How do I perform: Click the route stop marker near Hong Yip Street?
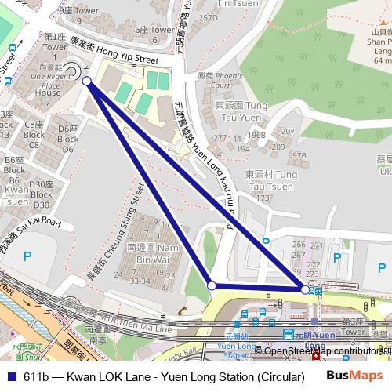tap(86, 81)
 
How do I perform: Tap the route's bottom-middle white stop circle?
tap(211, 286)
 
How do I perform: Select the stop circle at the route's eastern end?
tap(304, 289)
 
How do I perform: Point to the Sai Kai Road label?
tap(31, 234)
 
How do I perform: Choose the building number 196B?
tap(257, 134)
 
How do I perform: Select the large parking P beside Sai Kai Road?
tap(28, 255)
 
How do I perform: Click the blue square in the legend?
tap(9, 377)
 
